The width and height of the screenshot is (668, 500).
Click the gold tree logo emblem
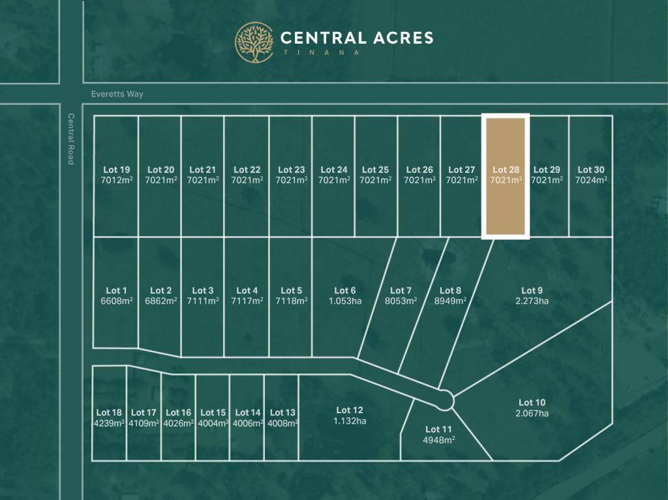pyautogui.click(x=254, y=42)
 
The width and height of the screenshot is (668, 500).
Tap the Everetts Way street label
pyautogui.click(x=117, y=94)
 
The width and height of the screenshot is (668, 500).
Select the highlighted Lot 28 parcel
pyautogui.click(x=505, y=196)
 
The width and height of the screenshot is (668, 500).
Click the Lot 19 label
pyautogui.click(x=117, y=170)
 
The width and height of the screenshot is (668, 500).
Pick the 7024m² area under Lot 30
pyautogui.click(x=591, y=180)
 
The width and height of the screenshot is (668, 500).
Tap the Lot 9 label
pyautogui.click(x=532, y=291)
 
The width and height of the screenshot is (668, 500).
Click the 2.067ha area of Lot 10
pyautogui.click(x=532, y=413)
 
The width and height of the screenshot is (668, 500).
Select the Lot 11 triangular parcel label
pyautogui.click(x=438, y=429)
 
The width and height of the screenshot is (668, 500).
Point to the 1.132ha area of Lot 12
pyautogui.click(x=350, y=420)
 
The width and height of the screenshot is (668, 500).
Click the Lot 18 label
pyautogui.click(x=109, y=412)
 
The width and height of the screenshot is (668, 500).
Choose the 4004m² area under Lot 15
pyautogui.click(x=213, y=422)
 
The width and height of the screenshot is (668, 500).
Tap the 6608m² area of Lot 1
pyautogui.click(x=117, y=301)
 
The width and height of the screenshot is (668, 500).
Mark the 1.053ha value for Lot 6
pyautogui.click(x=345, y=301)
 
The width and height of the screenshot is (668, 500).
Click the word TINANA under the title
pyautogui.click(x=320, y=52)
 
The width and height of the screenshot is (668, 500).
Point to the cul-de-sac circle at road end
pyautogui.click(x=446, y=399)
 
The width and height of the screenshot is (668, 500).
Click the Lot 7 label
pyautogui.click(x=401, y=291)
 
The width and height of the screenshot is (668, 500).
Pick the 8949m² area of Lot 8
pyautogui.click(x=451, y=301)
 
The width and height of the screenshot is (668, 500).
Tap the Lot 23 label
pyautogui.click(x=291, y=170)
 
